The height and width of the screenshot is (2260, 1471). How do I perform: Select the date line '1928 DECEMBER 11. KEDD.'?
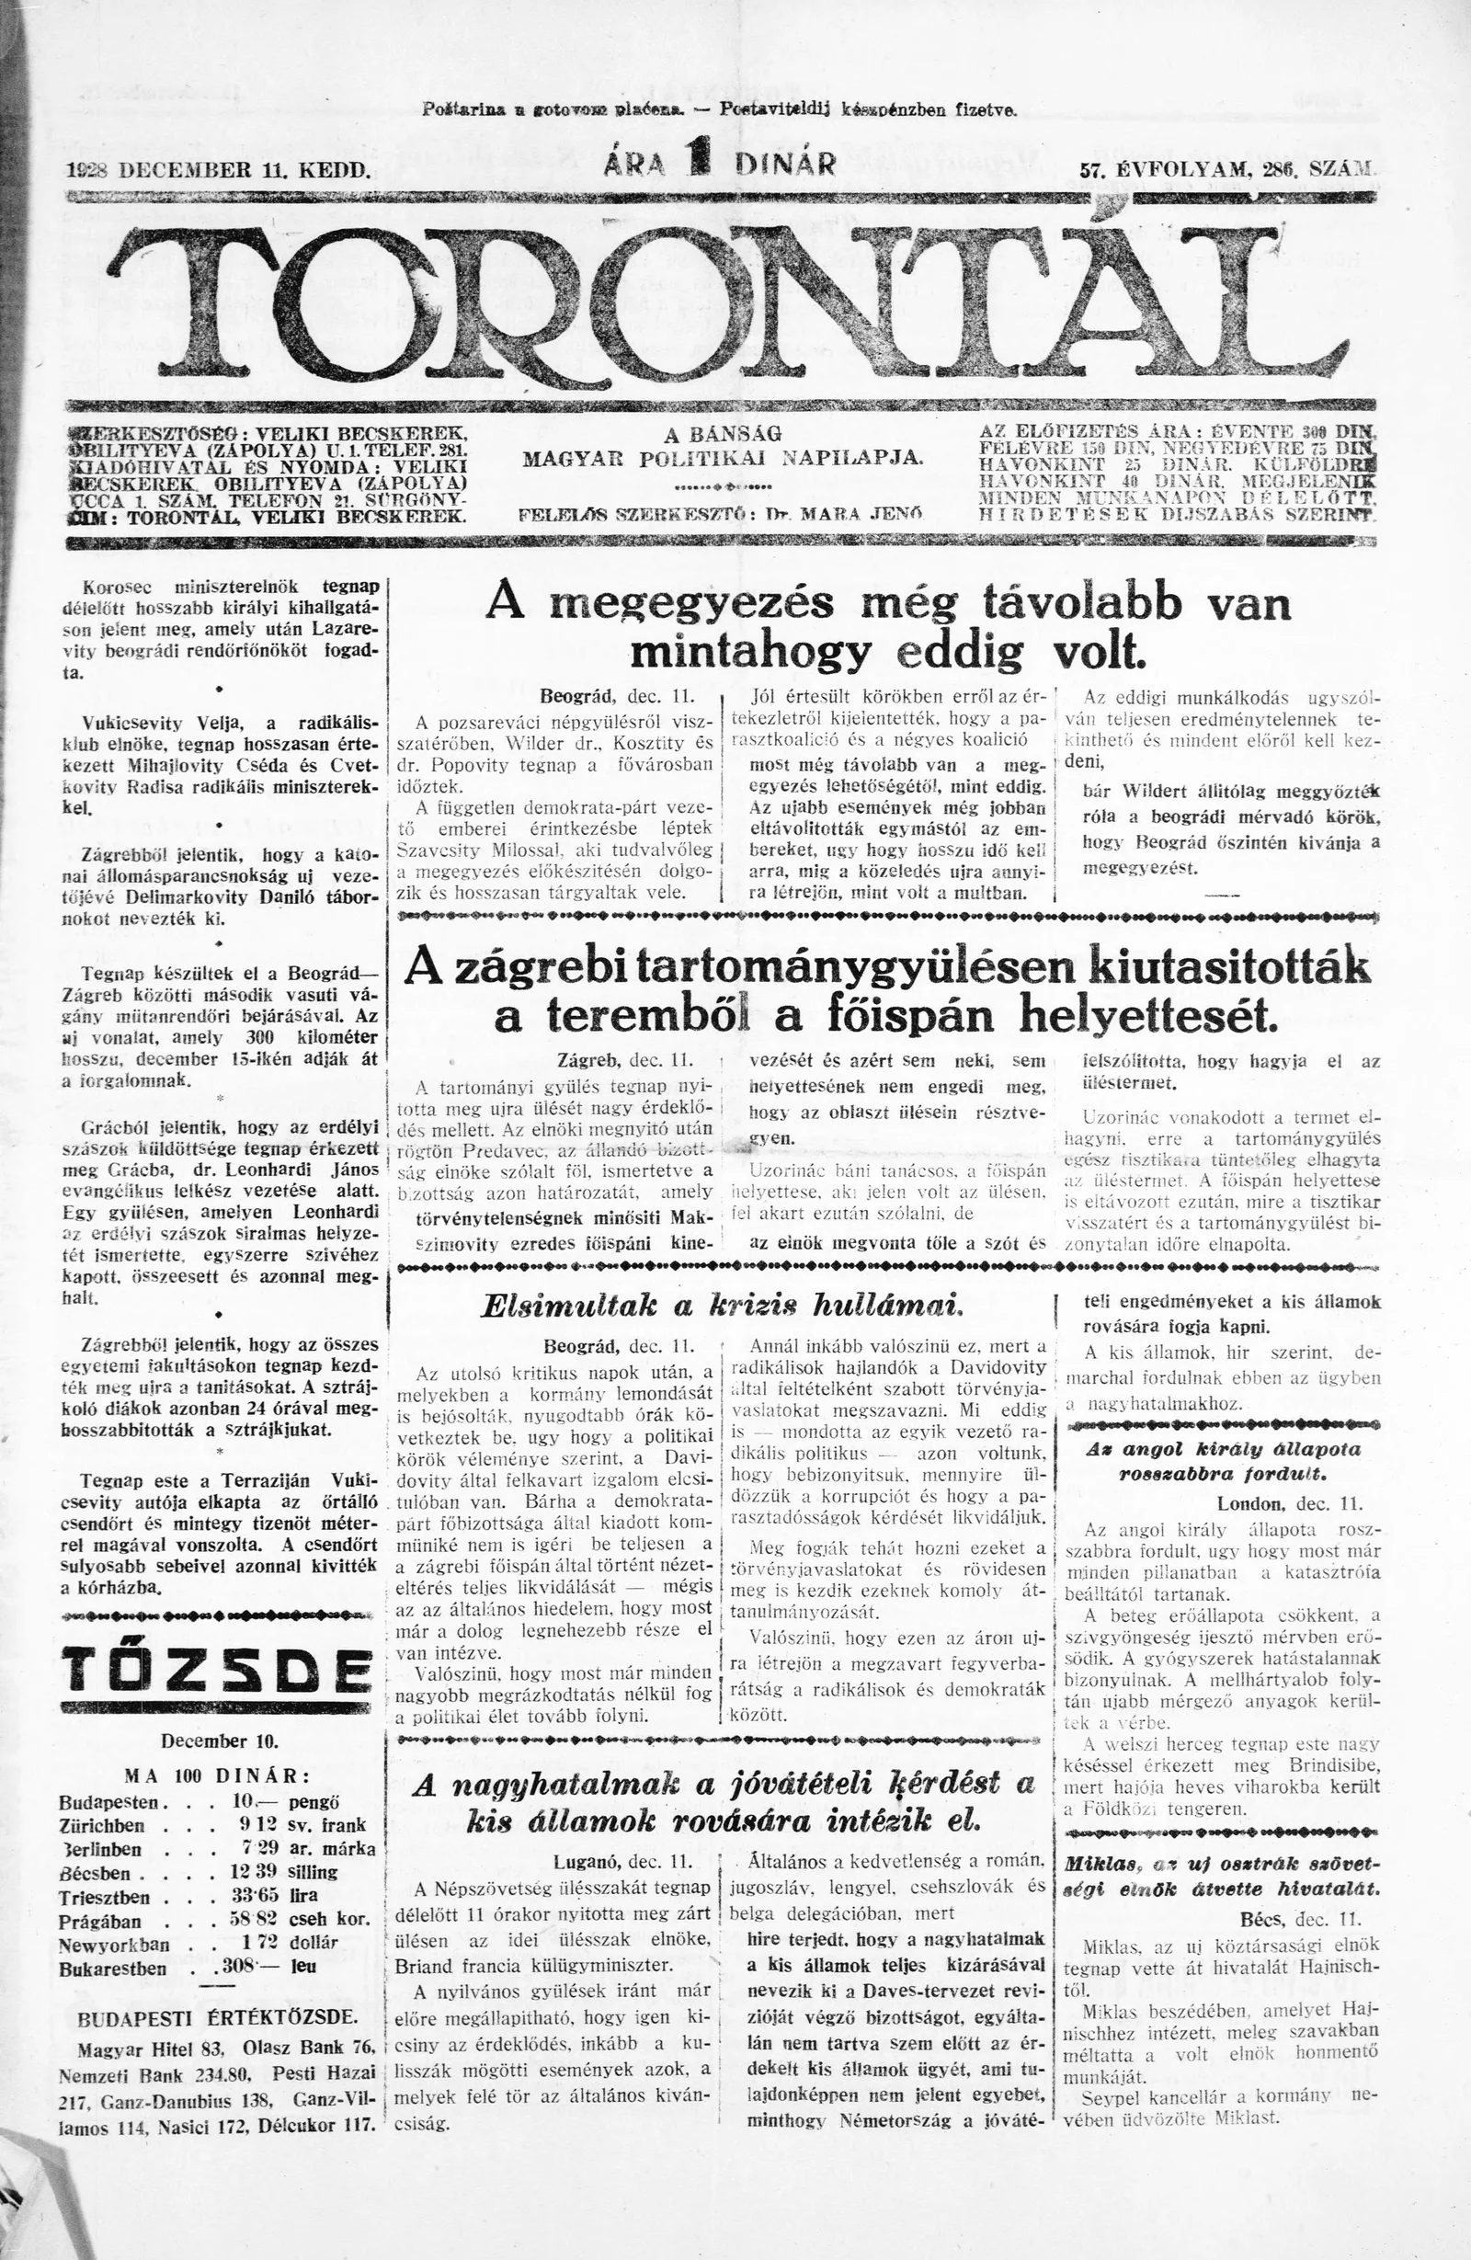click(218, 170)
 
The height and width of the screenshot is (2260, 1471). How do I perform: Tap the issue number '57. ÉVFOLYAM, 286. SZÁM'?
click(1226, 170)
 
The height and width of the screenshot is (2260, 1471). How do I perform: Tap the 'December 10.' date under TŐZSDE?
click(218, 1741)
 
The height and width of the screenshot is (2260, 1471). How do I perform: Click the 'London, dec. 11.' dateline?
click(1289, 1504)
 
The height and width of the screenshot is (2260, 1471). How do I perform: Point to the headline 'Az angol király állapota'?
click(1223, 1449)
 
